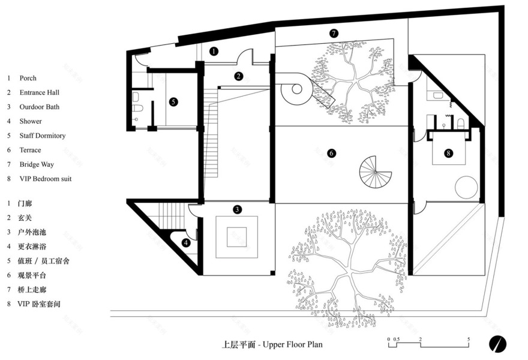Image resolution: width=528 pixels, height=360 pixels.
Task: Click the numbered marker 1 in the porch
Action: (x=214, y=52)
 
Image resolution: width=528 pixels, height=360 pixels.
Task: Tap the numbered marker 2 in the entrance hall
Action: (x=238, y=76)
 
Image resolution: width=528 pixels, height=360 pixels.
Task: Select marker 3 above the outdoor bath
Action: (x=237, y=209)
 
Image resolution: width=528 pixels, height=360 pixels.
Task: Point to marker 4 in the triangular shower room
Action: (x=185, y=242)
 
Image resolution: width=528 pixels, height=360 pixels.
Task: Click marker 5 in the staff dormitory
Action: (x=173, y=102)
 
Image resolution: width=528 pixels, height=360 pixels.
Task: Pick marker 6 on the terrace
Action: (x=331, y=153)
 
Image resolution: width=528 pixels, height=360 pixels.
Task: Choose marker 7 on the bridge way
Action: (x=334, y=33)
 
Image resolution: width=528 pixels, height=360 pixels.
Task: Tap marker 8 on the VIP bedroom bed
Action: (x=448, y=153)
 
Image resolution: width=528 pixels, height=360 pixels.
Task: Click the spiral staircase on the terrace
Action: (x=376, y=172)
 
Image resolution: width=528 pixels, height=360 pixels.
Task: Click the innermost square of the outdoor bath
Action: (x=237, y=237)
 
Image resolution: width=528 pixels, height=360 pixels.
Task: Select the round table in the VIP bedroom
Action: (x=466, y=187)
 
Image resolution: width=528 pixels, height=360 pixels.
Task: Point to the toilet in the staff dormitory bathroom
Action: (x=138, y=108)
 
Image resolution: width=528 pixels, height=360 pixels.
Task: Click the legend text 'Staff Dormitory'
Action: (x=43, y=136)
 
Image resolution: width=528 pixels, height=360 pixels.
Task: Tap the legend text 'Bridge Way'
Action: (x=37, y=164)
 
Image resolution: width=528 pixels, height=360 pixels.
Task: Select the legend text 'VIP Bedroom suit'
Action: (x=46, y=179)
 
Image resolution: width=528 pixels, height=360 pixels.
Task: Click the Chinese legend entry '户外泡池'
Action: (x=32, y=232)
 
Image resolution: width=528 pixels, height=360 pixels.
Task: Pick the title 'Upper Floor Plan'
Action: (x=293, y=344)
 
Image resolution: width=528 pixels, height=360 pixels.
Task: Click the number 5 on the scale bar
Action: (x=469, y=339)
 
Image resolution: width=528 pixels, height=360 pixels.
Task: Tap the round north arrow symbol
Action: (x=497, y=344)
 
